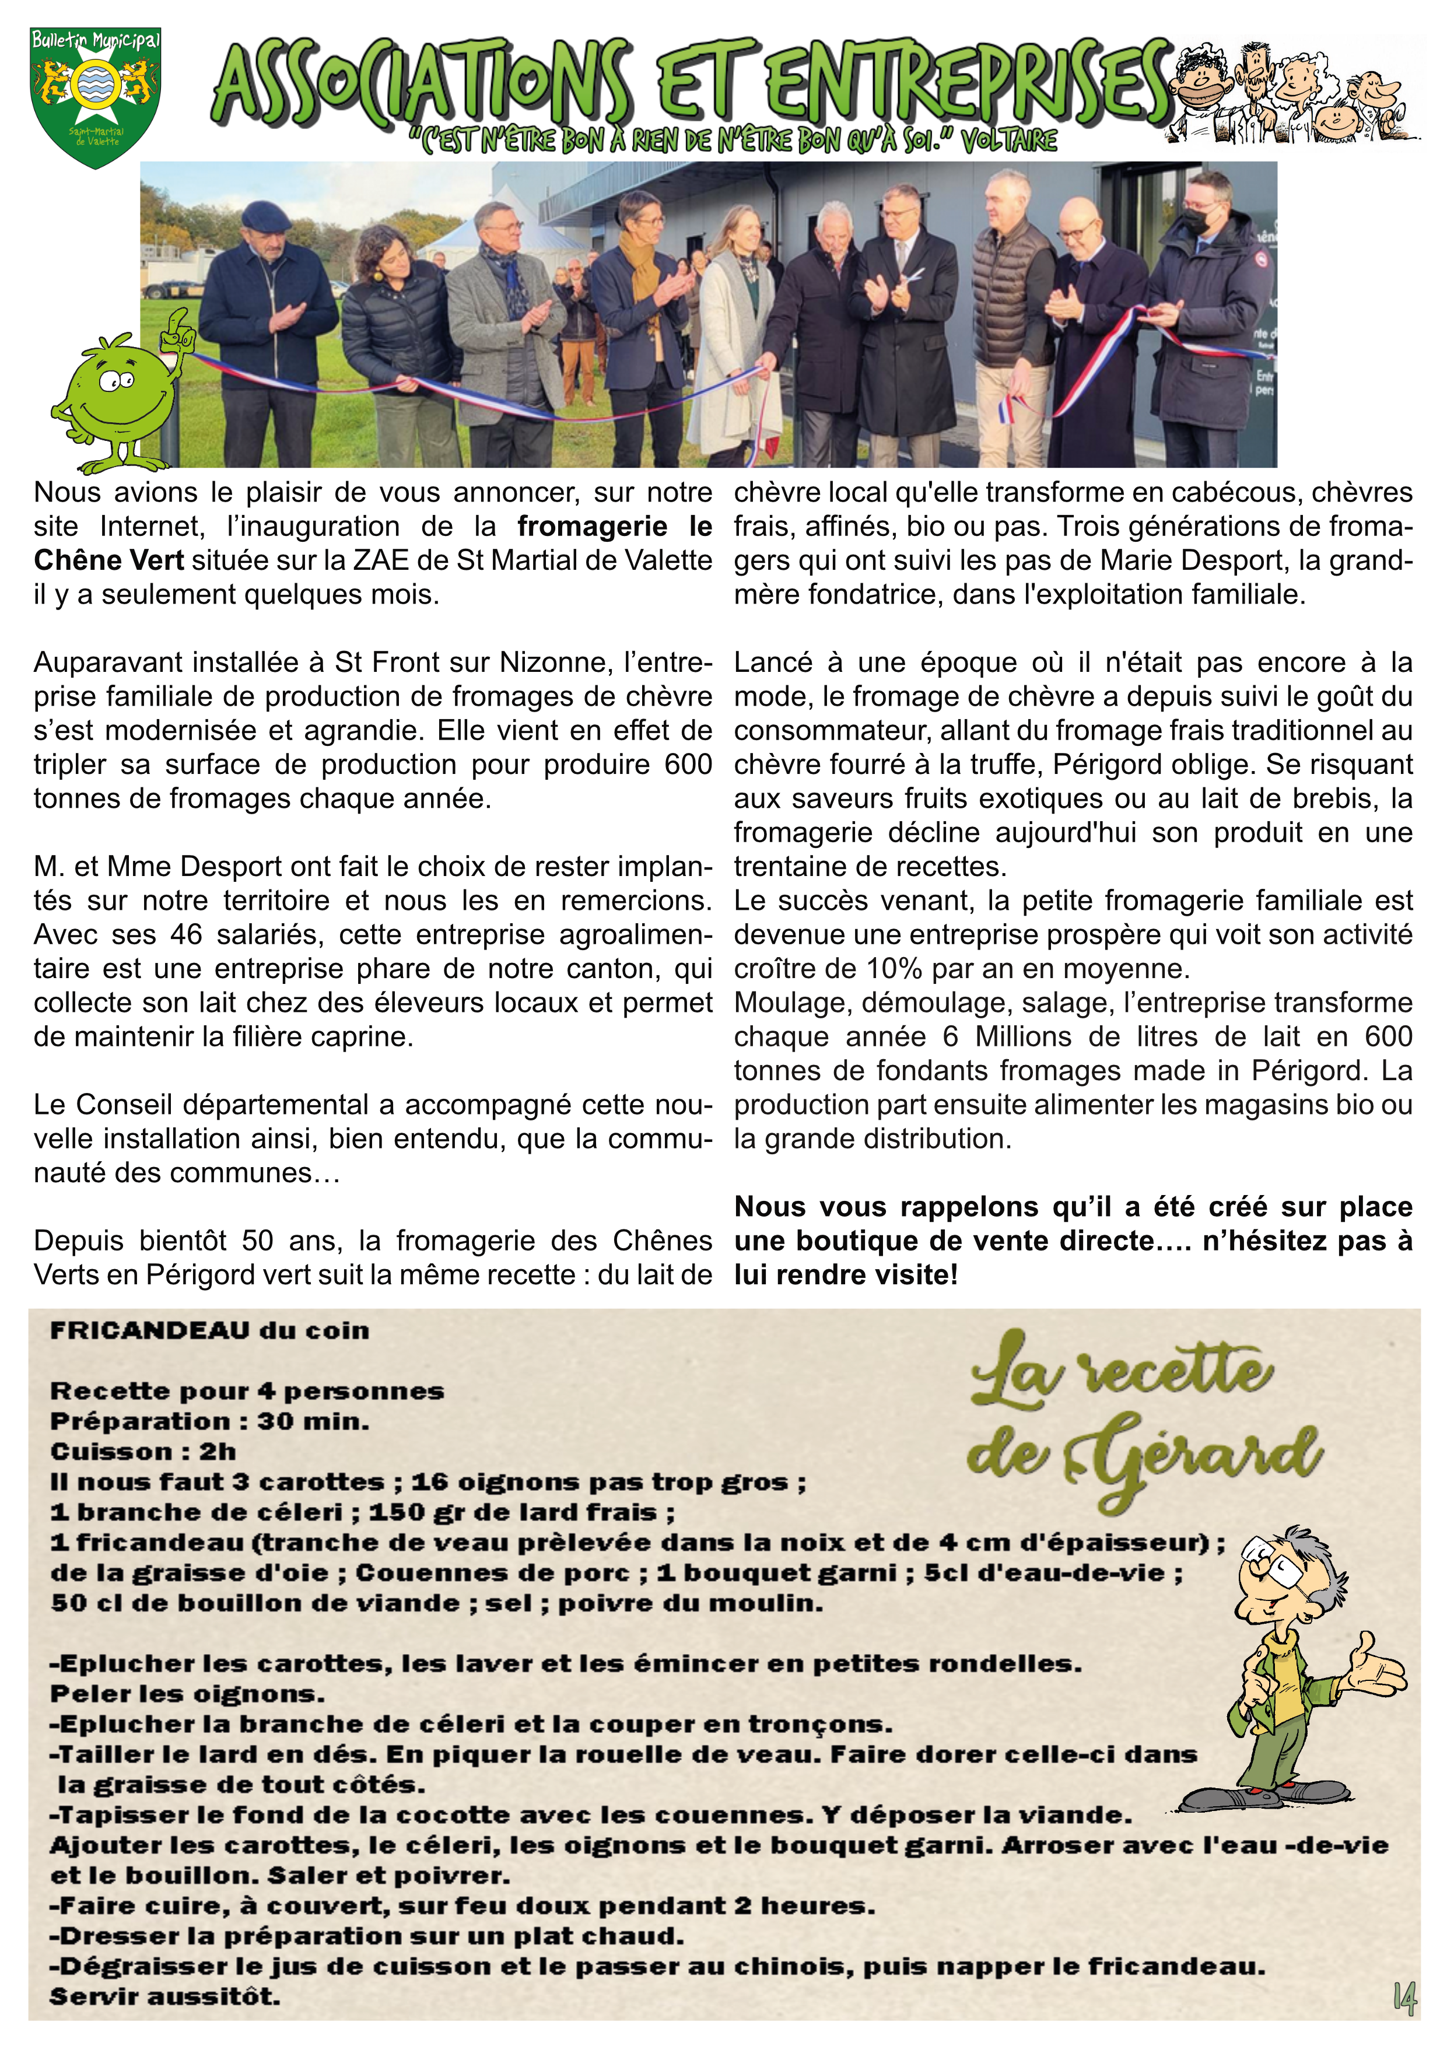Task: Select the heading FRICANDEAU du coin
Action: [x=209, y=1330]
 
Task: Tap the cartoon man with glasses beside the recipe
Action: [x=1292, y=1675]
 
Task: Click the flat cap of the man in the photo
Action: [x=265, y=215]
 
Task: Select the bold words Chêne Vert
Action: [x=108, y=560]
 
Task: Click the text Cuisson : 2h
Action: [x=142, y=1452]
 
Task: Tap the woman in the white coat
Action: [x=736, y=330]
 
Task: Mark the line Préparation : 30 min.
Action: [x=209, y=1421]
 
